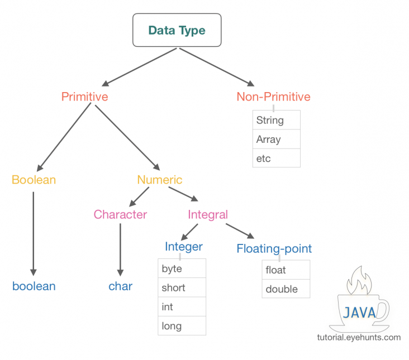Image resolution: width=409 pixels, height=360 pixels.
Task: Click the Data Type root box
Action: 177,30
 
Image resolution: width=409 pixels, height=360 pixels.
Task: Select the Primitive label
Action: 84,97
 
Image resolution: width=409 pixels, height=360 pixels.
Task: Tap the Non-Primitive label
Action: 273,97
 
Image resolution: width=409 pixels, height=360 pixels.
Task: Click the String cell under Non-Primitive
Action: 276,120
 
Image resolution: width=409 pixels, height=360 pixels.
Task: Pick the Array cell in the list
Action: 276,140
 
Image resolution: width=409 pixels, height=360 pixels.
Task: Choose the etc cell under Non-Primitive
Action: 276,159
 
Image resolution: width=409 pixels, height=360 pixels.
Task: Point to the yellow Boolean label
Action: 34,180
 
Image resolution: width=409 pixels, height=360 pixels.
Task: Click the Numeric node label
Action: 160,180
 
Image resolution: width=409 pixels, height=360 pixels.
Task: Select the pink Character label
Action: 120,214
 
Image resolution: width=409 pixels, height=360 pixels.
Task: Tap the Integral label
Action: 208,214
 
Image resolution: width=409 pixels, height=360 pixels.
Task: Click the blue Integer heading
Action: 183,247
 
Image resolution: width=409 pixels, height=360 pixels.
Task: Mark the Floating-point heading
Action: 274,248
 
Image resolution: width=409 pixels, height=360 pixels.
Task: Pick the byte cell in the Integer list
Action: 182,268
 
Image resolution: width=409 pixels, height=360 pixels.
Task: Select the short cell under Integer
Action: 182,288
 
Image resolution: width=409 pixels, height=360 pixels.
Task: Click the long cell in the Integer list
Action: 182,326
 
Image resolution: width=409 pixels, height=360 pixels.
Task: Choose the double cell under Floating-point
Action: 286,289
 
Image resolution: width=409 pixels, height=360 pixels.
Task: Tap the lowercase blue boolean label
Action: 34,286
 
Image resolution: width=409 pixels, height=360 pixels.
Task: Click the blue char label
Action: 120,286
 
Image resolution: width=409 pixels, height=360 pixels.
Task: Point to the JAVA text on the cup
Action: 359,313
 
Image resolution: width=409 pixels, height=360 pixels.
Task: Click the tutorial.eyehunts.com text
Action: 359,337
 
